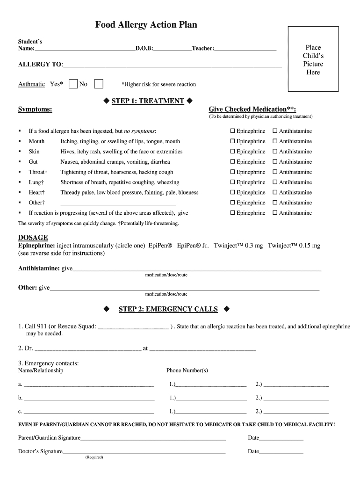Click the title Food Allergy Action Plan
[x=146, y=25]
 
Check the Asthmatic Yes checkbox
[x=73, y=84]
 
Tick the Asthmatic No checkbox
[x=99, y=84]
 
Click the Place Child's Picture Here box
[x=313, y=59]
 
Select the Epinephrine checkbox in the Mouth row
[x=232, y=141]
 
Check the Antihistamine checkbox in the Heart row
[x=275, y=193]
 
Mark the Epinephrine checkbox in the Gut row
[x=232, y=162]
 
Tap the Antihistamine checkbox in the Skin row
[x=275, y=152]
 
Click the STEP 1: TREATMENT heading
[x=148, y=101]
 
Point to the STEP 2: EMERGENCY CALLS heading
[x=168, y=309]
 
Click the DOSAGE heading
[x=33, y=238]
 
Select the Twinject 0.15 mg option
[x=294, y=246]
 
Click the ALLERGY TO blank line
[x=172, y=65]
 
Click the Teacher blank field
[x=245, y=49]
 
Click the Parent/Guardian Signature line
[x=153, y=438]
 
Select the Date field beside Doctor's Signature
[x=281, y=452]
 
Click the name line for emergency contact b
[x=89, y=398]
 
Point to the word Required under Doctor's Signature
[x=94, y=457]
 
